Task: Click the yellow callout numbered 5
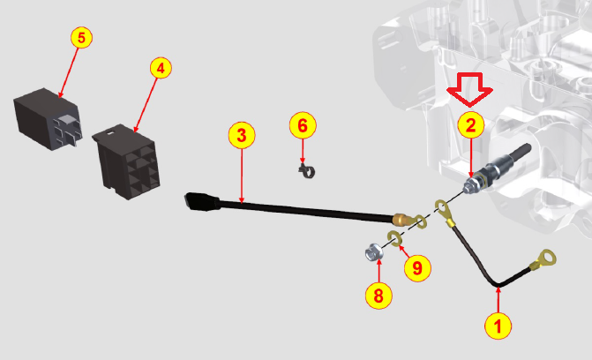(81, 37)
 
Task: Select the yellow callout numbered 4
(161, 68)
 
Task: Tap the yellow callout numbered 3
(242, 135)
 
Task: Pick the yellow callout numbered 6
(303, 125)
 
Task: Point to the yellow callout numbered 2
(471, 125)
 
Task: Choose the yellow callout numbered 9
(417, 268)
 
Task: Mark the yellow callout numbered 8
(378, 296)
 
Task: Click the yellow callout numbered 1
(498, 326)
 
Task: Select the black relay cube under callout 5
(47, 119)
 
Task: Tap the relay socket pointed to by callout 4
(126, 161)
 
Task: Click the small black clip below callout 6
(306, 171)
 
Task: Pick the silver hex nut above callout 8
(374, 252)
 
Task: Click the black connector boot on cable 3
(202, 202)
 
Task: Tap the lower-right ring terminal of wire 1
(544, 260)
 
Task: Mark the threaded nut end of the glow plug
(470, 185)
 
